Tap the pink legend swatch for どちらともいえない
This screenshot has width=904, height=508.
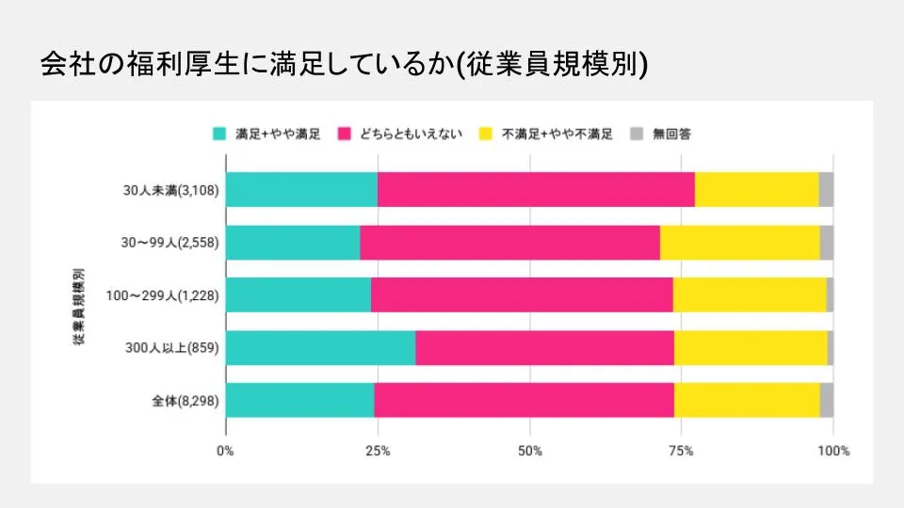[x=344, y=134]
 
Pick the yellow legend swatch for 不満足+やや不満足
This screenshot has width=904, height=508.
[x=487, y=134]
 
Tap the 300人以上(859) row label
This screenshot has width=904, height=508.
[x=171, y=348]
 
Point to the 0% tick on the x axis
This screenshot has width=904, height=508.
[x=226, y=451]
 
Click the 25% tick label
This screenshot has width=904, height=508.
[x=378, y=451]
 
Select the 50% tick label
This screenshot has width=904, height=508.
[x=529, y=451]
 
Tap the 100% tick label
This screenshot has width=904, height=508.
[x=832, y=451]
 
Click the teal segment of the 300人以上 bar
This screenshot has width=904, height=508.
[x=320, y=348]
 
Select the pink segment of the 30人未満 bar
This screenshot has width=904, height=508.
[x=536, y=189]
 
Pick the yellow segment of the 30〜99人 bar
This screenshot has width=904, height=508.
[x=739, y=242]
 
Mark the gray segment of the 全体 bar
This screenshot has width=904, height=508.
[x=827, y=400]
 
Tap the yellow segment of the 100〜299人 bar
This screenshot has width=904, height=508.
[x=750, y=294]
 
